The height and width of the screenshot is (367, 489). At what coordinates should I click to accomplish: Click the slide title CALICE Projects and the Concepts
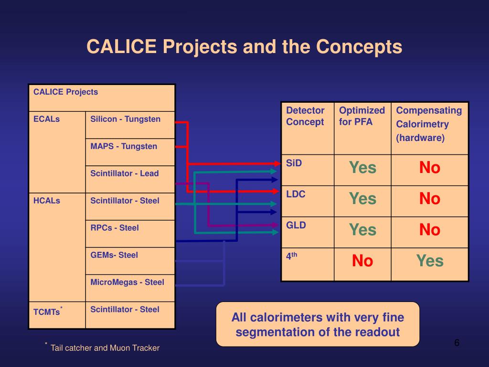pos(244,47)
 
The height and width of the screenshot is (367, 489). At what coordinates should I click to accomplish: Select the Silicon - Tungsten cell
pos(126,119)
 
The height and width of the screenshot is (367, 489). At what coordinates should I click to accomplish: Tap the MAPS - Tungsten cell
pos(124,147)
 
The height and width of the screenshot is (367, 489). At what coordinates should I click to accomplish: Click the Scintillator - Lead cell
pos(125,174)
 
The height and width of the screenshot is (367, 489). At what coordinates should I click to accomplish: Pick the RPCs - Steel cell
pos(115,228)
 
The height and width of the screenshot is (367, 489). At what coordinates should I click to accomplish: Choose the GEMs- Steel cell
pos(114,255)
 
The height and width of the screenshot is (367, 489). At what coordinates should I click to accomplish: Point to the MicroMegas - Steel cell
pos(127,282)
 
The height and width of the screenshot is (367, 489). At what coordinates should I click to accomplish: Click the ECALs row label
pos(46,119)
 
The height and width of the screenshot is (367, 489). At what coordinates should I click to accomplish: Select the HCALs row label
pos(47,201)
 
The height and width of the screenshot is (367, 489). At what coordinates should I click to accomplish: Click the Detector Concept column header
pos(305,116)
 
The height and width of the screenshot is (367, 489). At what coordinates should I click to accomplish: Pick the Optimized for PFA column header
pos(361,116)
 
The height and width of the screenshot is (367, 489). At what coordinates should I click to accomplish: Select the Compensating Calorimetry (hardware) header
pos(429,124)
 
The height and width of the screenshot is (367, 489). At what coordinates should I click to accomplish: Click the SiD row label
pos(294,163)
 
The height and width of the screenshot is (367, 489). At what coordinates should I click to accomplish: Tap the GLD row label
pos(296,225)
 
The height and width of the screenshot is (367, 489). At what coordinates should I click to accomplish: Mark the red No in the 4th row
pos(362,261)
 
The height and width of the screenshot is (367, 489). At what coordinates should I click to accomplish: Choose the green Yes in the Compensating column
pos(430,261)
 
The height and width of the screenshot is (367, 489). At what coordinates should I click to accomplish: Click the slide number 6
pos(457,343)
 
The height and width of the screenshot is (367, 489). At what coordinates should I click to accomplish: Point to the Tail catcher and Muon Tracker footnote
pos(105,348)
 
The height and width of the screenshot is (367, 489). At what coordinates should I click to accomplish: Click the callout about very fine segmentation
pos(318,324)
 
